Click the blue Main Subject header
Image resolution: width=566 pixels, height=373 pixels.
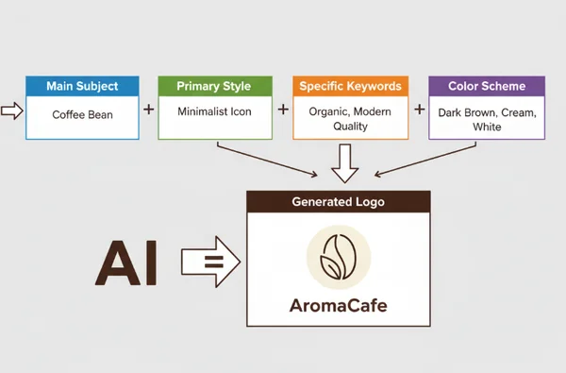tap(82, 86)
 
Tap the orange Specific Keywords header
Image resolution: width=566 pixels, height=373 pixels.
tap(350, 86)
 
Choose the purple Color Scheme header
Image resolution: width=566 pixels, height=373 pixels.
tap(487, 86)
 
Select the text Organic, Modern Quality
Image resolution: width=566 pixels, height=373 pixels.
tap(350, 118)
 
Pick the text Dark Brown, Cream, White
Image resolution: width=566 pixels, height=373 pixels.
tap(487, 119)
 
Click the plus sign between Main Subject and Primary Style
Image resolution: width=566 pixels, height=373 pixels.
tap(148, 109)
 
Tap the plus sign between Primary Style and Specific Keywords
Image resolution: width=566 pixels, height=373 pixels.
tap(283, 109)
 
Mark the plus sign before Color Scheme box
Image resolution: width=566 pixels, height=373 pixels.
tap(419, 109)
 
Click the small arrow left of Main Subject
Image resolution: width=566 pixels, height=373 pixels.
tap(12, 110)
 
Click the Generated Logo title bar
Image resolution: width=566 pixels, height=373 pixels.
tap(338, 201)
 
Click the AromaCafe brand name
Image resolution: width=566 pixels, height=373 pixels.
tap(338, 307)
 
